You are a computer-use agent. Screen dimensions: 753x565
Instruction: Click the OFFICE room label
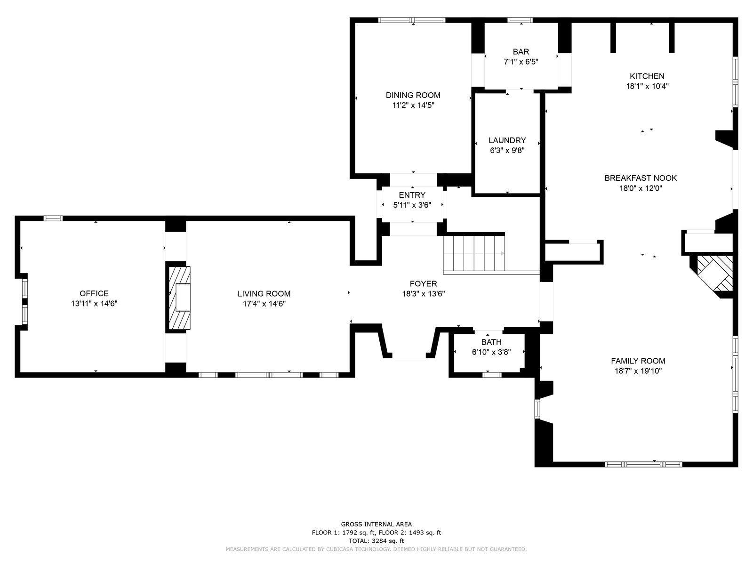94,293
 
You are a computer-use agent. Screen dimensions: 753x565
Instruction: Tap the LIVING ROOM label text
264,294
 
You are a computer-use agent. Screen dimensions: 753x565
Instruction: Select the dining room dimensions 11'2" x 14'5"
413,105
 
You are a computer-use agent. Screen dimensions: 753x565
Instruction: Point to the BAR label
521,52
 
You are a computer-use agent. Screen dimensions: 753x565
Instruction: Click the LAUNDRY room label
507,140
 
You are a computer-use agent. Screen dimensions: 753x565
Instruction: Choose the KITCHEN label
647,76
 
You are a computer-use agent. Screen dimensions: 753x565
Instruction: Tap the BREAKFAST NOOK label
641,178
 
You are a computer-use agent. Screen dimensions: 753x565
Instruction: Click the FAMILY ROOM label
638,361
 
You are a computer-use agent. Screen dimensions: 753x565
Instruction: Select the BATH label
491,342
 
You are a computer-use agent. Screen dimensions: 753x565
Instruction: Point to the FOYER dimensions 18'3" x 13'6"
423,294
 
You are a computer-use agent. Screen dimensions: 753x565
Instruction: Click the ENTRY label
412,195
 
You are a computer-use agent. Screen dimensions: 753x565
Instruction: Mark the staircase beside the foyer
474,253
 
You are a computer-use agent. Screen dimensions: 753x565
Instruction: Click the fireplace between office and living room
179,298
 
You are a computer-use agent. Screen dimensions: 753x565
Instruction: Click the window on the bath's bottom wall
492,375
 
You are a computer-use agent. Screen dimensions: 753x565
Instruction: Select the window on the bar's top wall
520,20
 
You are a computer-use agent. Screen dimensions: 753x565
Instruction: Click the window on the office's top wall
53,218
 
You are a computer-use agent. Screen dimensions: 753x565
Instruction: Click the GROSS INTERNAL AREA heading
376,524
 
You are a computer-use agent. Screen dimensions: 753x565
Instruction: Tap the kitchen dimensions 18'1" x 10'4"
647,87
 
